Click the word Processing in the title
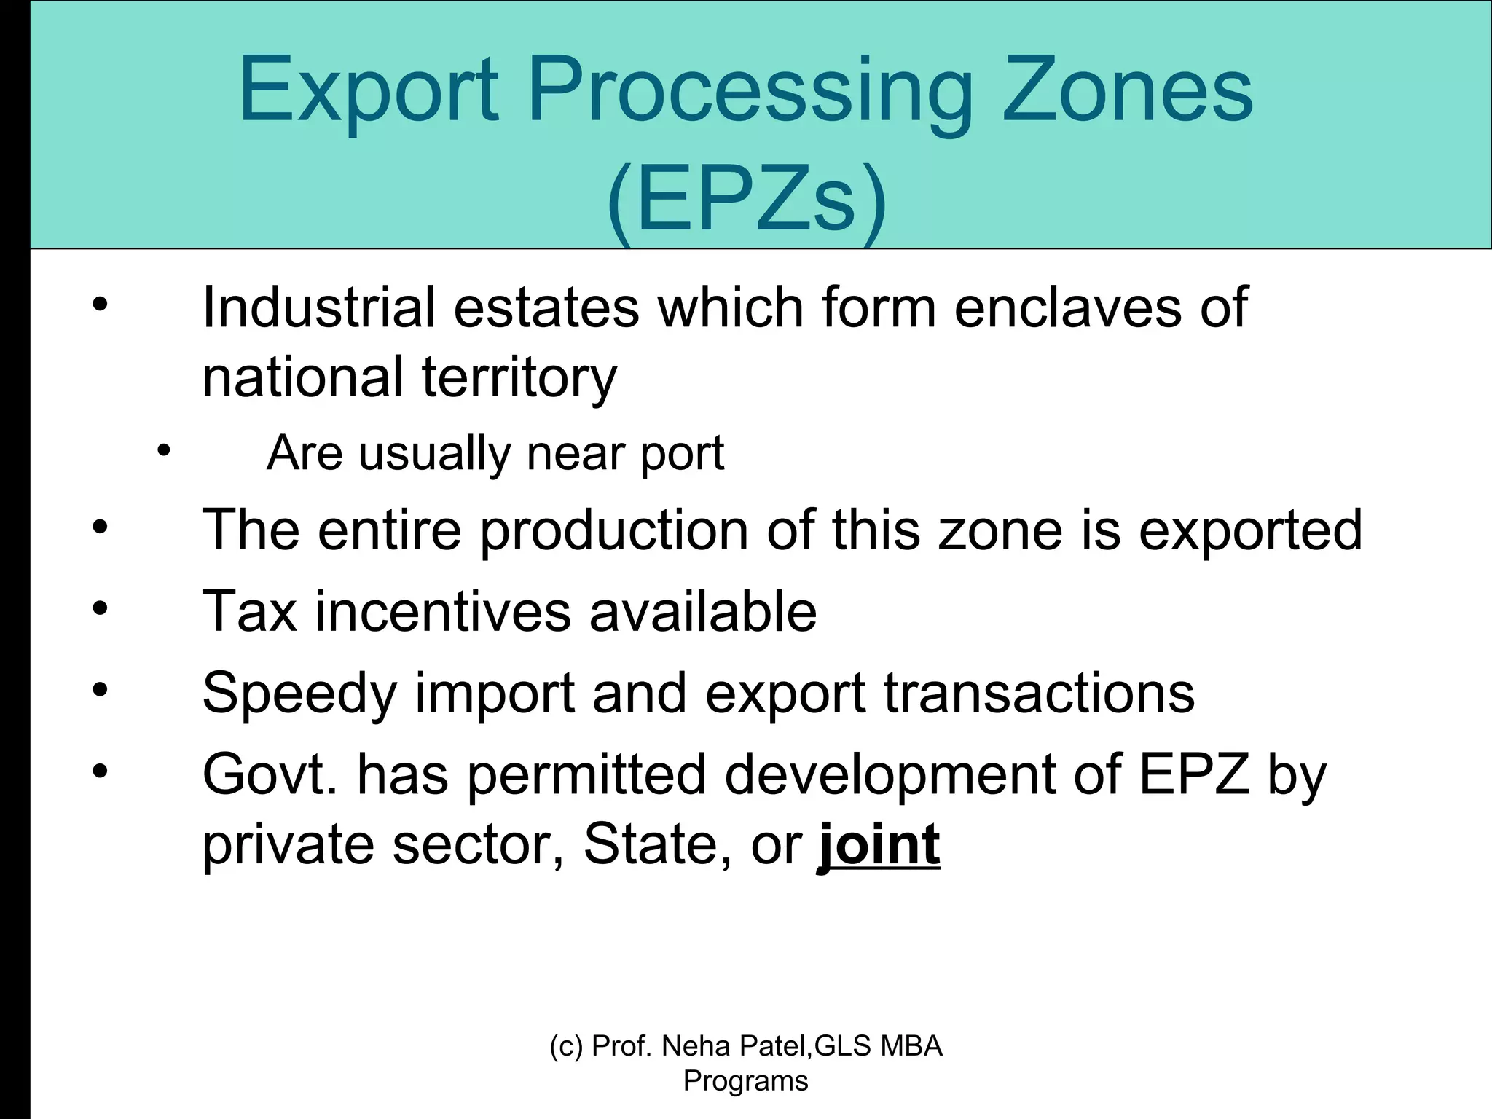[x=750, y=93]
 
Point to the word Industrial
[x=318, y=307]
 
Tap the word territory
[x=519, y=377]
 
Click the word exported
[x=1250, y=530]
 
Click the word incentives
[x=443, y=611]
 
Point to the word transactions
[x=1040, y=692]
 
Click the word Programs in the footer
[x=745, y=1081]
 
